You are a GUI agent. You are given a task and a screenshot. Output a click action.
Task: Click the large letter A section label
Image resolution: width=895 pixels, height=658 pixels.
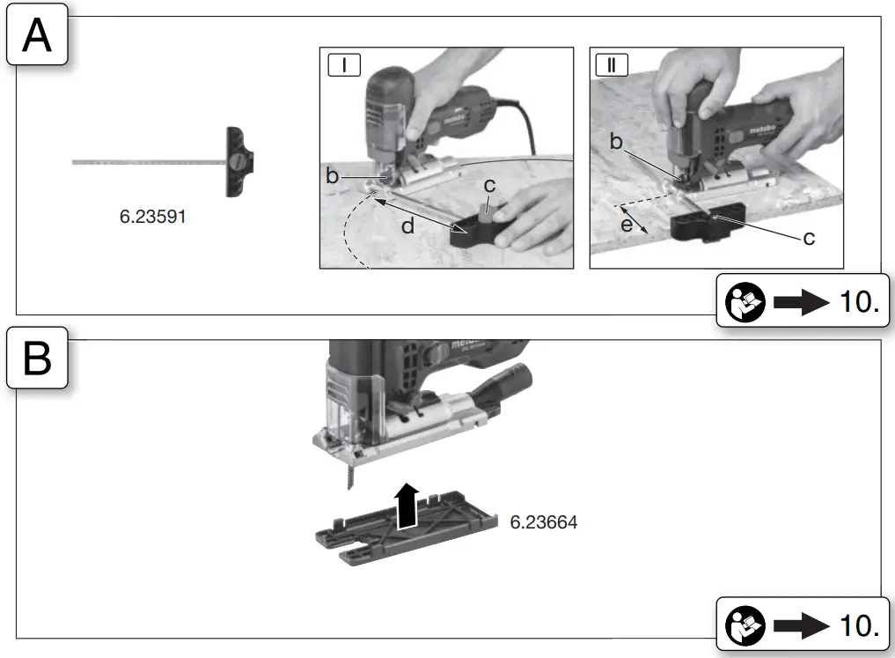coord(37,38)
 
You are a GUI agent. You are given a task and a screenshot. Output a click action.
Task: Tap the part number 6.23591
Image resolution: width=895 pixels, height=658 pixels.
coord(153,216)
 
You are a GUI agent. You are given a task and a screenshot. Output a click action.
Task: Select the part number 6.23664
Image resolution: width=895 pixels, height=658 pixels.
coord(544,522)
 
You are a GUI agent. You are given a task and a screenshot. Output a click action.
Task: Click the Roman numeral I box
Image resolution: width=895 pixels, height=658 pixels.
coord(343,64)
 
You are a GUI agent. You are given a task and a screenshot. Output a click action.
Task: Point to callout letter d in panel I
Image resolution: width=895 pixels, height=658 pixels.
coord(408,225)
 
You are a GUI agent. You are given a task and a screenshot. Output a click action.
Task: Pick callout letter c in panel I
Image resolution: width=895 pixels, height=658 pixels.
coord(489,187)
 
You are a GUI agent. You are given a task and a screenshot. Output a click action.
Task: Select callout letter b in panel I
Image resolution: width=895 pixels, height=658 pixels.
coord(333,176)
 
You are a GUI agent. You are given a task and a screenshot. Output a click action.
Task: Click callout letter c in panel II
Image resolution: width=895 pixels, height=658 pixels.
coord(809,238)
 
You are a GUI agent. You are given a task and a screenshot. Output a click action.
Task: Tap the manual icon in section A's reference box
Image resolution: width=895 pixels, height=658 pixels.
coord(745,302)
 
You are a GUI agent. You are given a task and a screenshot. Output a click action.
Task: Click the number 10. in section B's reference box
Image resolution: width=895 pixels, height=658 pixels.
coord(860,625)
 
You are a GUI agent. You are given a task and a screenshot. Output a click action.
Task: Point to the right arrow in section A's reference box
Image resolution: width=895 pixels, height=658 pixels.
coord(801,302)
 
